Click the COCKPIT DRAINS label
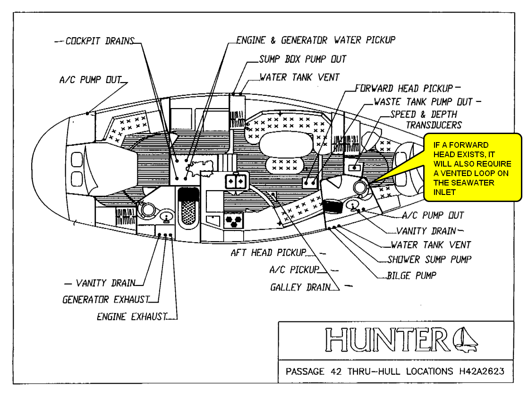[x=100, y=41]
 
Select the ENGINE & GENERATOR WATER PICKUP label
[x=316, y=40]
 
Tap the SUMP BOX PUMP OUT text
[x=302, y=59]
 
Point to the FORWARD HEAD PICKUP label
[x=404, y=88]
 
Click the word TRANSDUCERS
[x=434, y=125]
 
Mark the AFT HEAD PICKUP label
[x=268, y=253]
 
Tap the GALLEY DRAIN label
[x=300, y=287]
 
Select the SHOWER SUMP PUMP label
[x=429, y=259]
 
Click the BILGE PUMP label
[x=411, y=275]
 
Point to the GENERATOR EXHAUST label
[x=106, y=300]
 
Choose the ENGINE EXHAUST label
[x=132, y=317]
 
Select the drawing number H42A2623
[x=481, y=371]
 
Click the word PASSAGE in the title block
[x=305, y=371]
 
